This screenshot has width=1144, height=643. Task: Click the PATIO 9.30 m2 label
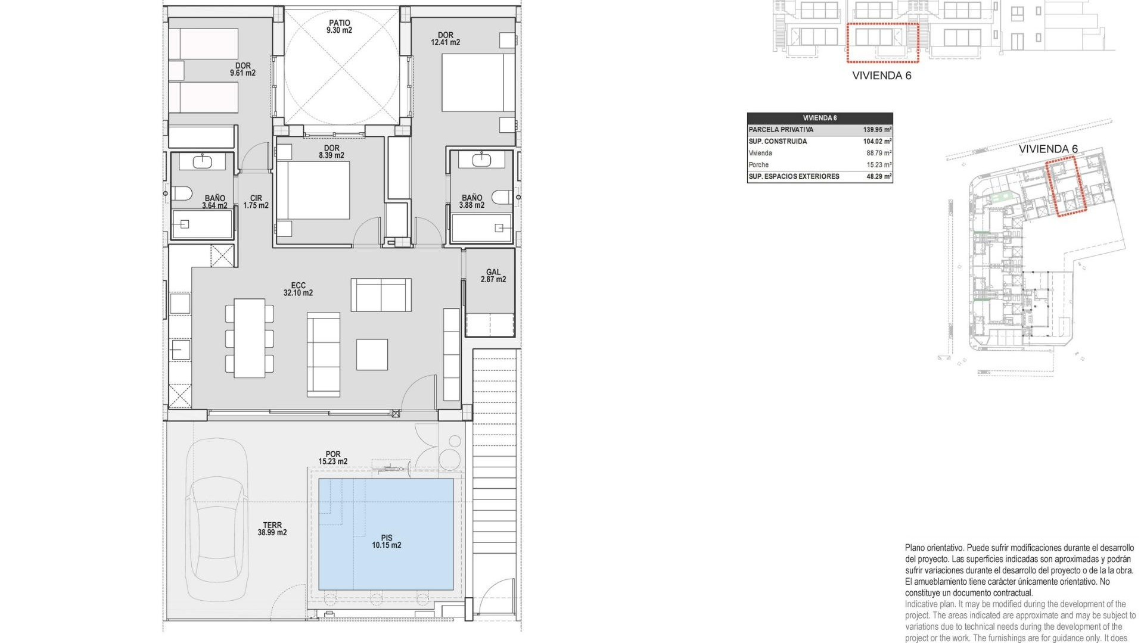[339, 27]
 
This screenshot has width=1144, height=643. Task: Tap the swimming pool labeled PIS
[386, 534]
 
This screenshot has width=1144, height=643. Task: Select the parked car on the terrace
[216, 519]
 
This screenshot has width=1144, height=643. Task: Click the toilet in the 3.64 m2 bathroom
[182, 194]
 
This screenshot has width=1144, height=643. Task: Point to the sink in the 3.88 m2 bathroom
[481, 160]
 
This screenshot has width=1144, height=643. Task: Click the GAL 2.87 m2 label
[493, 276]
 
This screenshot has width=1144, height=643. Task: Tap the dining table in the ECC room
[249, 338]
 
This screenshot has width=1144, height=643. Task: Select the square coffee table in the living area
[372, 354]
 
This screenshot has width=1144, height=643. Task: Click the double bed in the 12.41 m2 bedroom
[478, 83]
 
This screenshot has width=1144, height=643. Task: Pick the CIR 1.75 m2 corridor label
[256, 202]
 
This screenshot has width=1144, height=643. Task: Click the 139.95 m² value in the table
[876, 130]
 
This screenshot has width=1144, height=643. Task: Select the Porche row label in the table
[758, 165]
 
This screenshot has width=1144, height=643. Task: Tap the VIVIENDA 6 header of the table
[819, 118]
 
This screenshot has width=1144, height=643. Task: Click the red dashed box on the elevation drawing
[883, 43]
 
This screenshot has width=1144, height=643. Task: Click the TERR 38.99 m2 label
[272, 529]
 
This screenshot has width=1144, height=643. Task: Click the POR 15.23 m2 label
[332, 458]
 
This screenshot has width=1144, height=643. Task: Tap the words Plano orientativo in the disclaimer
[933, 548]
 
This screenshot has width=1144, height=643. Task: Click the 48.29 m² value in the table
[878, 177]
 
